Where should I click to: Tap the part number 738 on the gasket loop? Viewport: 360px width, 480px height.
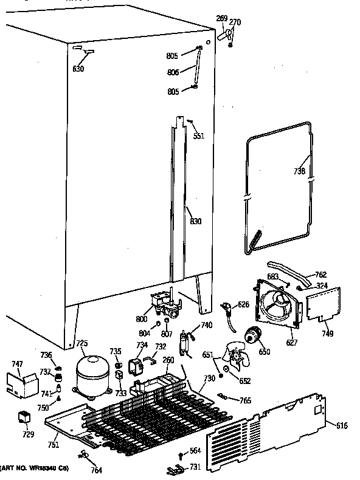(x=300, y=171)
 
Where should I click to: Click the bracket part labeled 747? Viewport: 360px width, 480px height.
(x=18, y=384)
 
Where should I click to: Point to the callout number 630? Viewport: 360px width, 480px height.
(x=78, y=69)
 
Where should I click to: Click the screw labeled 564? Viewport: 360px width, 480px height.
(x=181, y=454)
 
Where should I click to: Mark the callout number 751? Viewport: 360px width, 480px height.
(x=54, y=444)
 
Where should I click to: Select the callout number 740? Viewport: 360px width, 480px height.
(x=206, y=326)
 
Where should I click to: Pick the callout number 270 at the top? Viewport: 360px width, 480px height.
(x=235, y=22)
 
